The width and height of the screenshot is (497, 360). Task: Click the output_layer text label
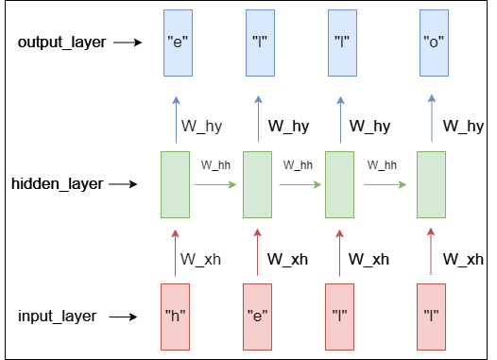click(x=61, y=43)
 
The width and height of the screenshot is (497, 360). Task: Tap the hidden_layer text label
click(x=58, y=184)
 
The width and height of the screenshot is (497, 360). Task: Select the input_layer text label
click(x=58, y=317)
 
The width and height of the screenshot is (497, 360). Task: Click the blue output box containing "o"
click(x=434, y=43)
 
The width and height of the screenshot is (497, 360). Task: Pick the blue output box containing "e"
click(x=178, y=43)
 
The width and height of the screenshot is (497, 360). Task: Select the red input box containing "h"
click(x=176, y=317)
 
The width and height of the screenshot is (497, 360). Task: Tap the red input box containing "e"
click(x=257, y=317)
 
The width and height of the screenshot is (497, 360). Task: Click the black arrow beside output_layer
click(x=128, y=43)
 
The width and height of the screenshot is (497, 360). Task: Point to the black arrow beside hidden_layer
click(x=123, y=184)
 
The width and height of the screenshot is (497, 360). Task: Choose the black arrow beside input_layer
click(x=123, y=317)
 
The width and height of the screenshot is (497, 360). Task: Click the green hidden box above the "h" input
click(x=176, y=185)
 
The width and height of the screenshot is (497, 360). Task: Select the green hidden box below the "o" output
click(x=432, y=185)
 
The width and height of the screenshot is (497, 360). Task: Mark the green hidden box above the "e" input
click(x=257, y=185)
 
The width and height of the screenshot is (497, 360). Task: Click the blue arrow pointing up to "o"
click(x=432, y=118)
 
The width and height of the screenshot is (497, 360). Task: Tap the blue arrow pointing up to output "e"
click(x=177, y=120)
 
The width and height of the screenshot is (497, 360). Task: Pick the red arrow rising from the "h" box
click(x=176, y=253)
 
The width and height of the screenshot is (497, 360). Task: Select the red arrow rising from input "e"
click(x=257, y=252)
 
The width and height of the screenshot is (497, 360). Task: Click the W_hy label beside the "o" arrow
click(x=463, y=126)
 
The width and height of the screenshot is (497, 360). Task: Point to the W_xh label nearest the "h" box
click(x=200, y=259)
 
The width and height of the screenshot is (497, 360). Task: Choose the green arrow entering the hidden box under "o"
click(x=386, y=184)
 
